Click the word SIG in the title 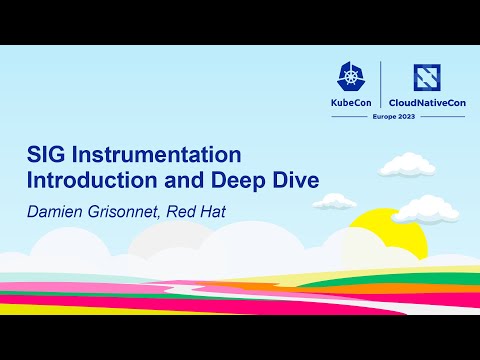45,158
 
